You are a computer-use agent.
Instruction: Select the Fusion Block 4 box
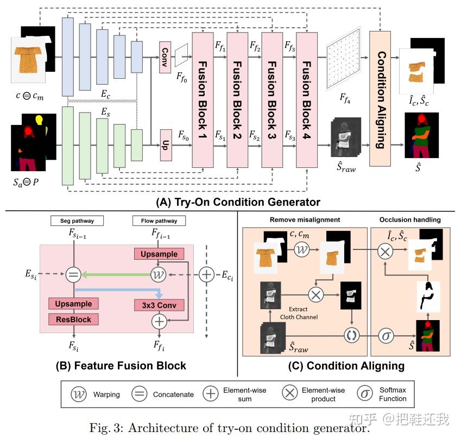coord(306,99)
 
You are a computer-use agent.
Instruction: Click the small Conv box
coord(165,57)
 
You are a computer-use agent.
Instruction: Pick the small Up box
coord(165,145)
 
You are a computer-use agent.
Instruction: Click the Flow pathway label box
coord(158,221)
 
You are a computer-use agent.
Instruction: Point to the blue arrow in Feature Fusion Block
coord(115,290)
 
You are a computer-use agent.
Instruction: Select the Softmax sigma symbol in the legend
coord(365,394)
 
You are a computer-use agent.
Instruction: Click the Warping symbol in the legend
coord(79,394)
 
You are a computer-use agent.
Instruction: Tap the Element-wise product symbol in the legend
coord(291,394)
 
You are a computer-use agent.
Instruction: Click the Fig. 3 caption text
coord(230,427)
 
